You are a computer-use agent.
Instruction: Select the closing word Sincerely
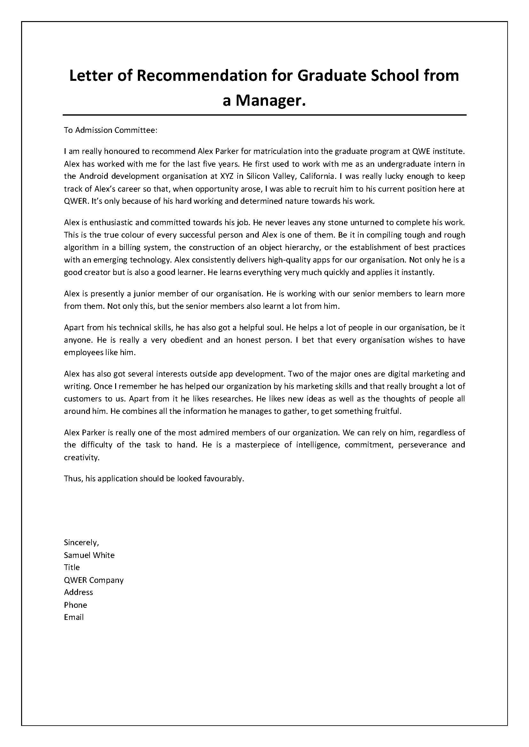[x=81, y=542]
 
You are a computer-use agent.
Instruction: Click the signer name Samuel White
[x=89, y=555]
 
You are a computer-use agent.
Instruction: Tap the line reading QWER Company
[x=93, y=580]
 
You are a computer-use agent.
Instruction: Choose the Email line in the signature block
[x=74, y=617]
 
